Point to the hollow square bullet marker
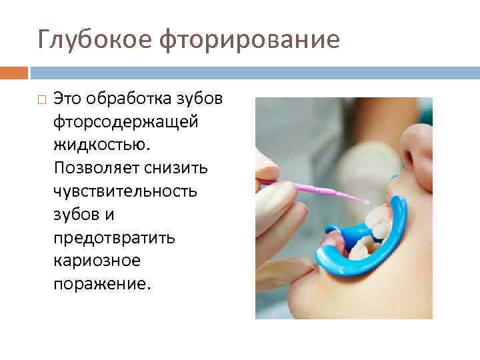point(41,101)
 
